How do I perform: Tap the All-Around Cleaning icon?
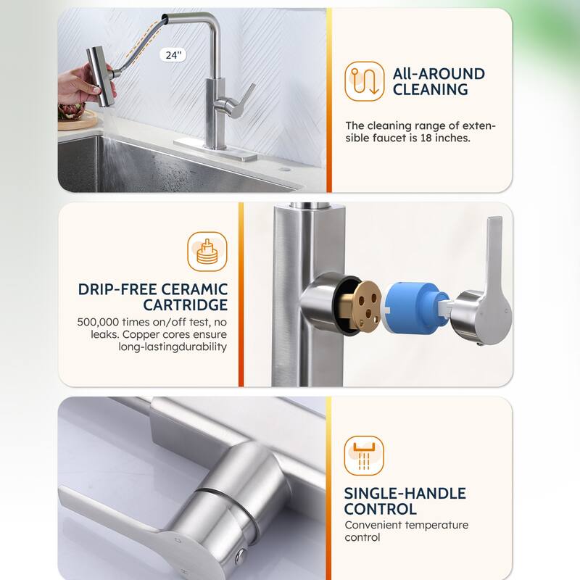click(x=363, y=80)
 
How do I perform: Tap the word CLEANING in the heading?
click(x=430, y=90)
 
